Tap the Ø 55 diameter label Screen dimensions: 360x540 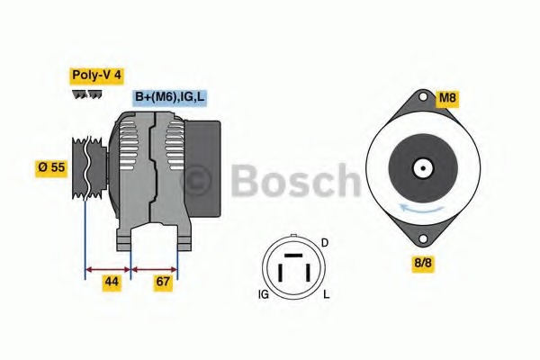click(52, 167)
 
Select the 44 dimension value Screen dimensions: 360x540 click(111, 283)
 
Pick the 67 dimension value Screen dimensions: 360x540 click(163, 283)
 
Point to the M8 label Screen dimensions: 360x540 click(447, 97)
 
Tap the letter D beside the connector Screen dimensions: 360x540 click(325, 243)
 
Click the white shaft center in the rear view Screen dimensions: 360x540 click(422, 167)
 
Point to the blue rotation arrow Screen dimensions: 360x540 click(422, 208)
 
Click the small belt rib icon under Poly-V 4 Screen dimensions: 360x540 click(87, 94)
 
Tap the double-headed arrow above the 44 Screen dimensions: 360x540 click(108, 268)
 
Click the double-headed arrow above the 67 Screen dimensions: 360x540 click(155, 268)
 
